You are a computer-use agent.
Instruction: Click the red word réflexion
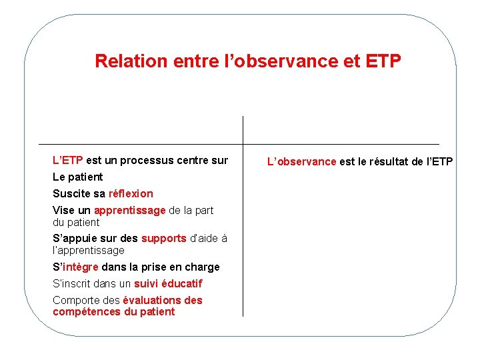(x=131, y=193)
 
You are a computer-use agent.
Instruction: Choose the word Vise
(x=64, y=210)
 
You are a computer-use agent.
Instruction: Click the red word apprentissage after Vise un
(x=129, y=210)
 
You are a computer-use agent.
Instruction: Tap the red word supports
(x=164, y=238)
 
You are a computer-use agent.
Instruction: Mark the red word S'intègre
(x=75, y=267)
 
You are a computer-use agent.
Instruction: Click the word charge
(x=204, y=267)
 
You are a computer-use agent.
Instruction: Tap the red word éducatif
(x=181, y=283)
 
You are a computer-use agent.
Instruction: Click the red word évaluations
(x=151, y=300)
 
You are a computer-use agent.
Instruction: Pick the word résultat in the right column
(x=393, y=161)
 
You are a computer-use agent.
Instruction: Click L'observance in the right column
(x=301, y=161)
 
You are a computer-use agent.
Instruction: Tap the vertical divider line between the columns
(x=243, y=220)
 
